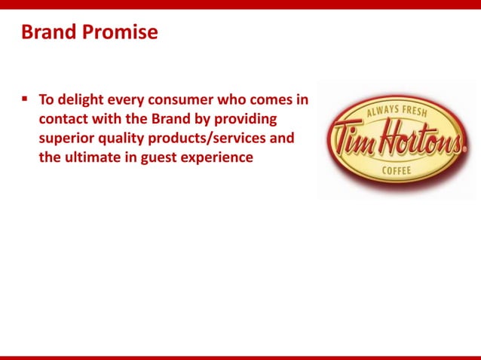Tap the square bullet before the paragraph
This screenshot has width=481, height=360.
[x=25, y=99]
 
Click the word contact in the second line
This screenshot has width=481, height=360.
[x=65, y=119]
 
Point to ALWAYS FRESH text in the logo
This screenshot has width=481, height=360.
[x=396, y=113]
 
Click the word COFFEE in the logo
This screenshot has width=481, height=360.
[x=397, y=171]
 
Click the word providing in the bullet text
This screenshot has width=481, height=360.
[x=247, y=119]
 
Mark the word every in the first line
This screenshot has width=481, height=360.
[x=130, y=99]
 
